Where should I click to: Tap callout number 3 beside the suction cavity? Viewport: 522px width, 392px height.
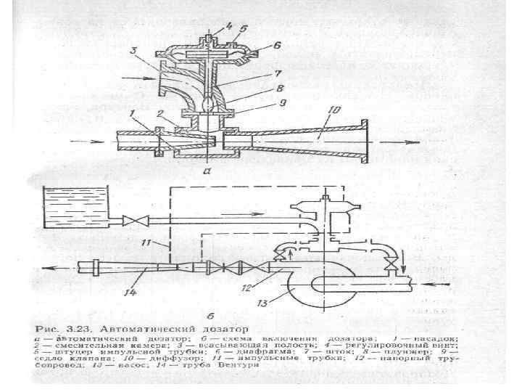point(133,50)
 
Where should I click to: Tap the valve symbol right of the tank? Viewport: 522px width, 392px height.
point(131,219)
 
